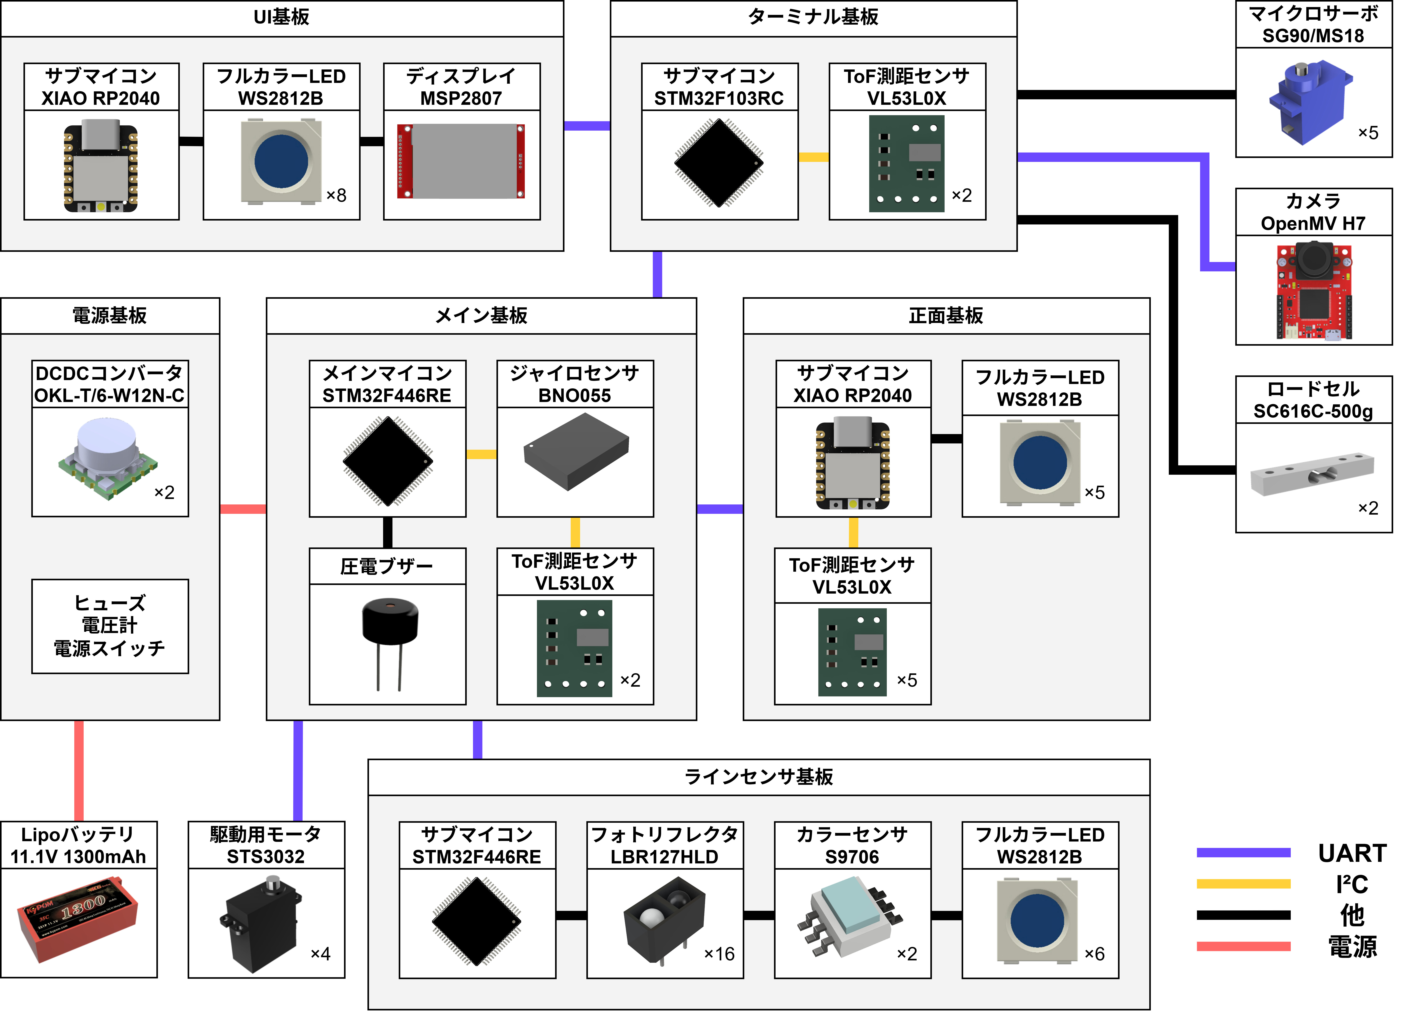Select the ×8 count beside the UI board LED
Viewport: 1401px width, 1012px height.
[336, 195]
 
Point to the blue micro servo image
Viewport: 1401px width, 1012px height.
[1310, 102]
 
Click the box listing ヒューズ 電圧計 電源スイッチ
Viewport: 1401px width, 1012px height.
[110, 626]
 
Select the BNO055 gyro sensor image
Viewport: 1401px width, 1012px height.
[576, 452]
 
